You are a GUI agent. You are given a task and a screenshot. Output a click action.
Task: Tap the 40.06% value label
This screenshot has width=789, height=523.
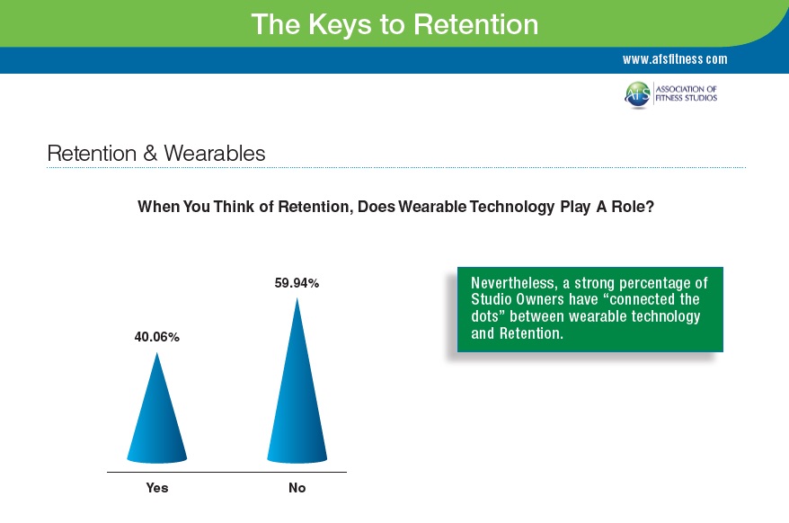(157, 337)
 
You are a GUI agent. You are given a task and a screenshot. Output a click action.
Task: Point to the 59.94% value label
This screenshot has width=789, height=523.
(297, 283)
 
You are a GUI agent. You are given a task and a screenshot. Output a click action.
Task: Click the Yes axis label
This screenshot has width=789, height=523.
(157, 488)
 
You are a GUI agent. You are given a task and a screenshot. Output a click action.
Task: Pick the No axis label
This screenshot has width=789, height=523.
(297, 488)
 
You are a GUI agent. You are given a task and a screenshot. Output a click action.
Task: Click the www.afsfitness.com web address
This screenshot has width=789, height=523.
(675, 59)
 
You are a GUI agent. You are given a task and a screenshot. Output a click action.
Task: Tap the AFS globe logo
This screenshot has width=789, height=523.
(637, 94)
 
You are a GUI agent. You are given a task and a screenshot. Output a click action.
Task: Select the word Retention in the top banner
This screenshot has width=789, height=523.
(476, 24)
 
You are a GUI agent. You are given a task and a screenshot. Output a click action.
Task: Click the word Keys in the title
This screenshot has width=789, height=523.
(340, 25)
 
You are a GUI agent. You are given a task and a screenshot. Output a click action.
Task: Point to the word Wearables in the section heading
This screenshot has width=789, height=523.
(215, 153)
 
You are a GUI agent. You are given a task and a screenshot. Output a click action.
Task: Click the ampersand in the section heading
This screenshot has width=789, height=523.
(150, 153)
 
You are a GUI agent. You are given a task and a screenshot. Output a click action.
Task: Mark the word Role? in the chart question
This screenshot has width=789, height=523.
(633, 207)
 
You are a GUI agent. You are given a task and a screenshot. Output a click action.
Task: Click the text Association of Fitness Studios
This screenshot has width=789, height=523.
(686, 93)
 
